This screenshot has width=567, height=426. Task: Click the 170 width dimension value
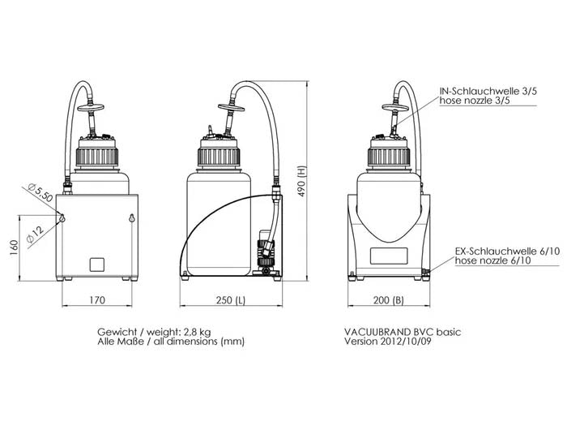click(96, 299)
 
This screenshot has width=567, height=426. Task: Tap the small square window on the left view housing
click(97, 264)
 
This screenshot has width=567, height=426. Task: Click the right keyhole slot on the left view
click(131, 217)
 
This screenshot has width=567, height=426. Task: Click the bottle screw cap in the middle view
click(221, 153)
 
